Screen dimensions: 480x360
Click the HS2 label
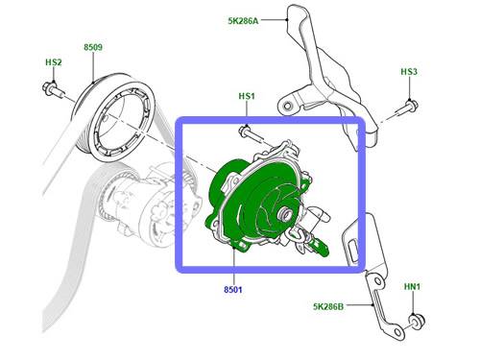tap(54, 62)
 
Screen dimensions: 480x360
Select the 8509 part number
tap(93, 47)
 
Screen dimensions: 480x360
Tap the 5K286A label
tap(243, 21)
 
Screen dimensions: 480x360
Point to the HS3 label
tap(409, 72)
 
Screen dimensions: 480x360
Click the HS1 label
tap(247, 96)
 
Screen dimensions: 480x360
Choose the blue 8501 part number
tap(233, 290)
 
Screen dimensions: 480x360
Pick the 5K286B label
tap(328, 306)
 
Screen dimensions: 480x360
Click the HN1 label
tap(412, 287)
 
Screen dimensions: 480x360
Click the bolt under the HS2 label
tap(53, 89)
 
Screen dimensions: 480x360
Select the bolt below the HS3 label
tap(406, 108)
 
